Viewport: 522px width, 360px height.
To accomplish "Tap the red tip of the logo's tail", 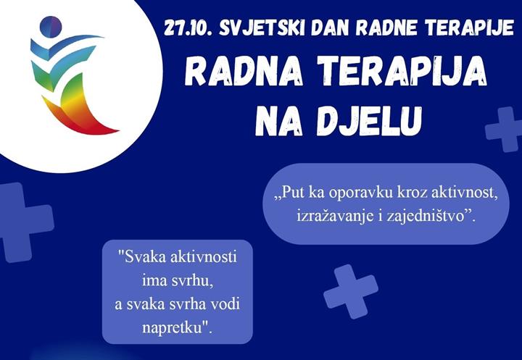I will pos(109,131).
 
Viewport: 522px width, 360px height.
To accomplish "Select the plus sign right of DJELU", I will pos(503,129).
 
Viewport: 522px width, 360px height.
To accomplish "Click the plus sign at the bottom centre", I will pos(351,290).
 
